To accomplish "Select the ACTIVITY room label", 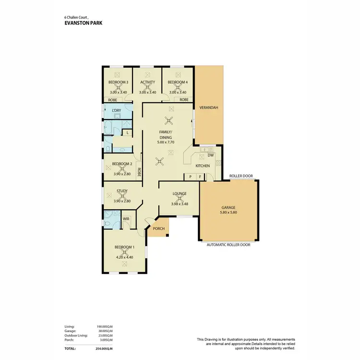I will [x=148, y=82].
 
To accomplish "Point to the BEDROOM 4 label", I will [x=177, y=82].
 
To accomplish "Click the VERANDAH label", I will [x=210, y=108].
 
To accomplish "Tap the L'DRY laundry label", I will [x=116, y=111].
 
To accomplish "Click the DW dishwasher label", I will [x=210, y=155].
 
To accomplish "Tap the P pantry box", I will [x=191, y=177].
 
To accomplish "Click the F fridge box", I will [x=200, y=177].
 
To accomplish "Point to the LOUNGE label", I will [x=180, y=194].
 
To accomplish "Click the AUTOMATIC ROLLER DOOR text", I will [x=228, y=244].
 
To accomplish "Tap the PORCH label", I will [x=158, y=229].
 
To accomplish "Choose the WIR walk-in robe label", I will [x=126, y=219].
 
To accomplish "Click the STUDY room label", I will [x=122, y=191].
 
